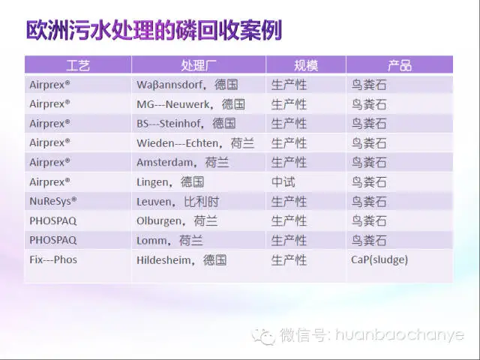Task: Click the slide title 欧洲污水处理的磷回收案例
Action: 154,31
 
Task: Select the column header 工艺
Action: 78,65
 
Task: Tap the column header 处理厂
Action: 199,65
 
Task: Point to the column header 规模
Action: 306,65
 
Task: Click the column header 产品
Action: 400,65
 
